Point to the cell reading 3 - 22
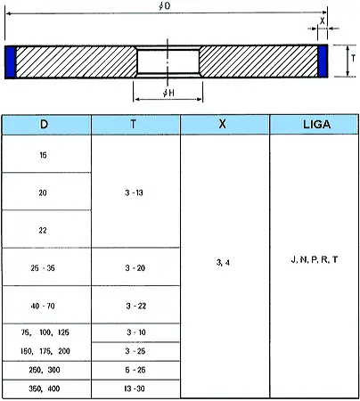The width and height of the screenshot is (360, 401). pyautogui.click(x=135, y=306)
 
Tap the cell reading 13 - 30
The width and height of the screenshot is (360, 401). pyautogui.click(x=135, y=389)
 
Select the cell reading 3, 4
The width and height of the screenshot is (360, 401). pyautogui.click(x=223, y=263)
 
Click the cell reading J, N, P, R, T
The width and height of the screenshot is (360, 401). pyautogui.click(x=315, y=259)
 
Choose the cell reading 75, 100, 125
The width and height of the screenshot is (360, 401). pyautogui.click(x=45, y=332)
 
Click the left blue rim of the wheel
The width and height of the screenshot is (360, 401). pyautogui.click(x=11, y=61)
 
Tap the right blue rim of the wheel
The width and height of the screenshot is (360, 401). pyautogui.click(x=323, y=61)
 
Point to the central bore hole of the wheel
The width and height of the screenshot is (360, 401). pyautogui.click(x=168, y=61)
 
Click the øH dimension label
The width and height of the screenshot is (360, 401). pyautogui.click(x=168, y=93)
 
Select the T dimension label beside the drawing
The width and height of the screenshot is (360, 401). pyautogui.click(x=353, y=58)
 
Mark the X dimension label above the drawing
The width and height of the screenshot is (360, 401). pyautogui.click(x=323, y=21)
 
